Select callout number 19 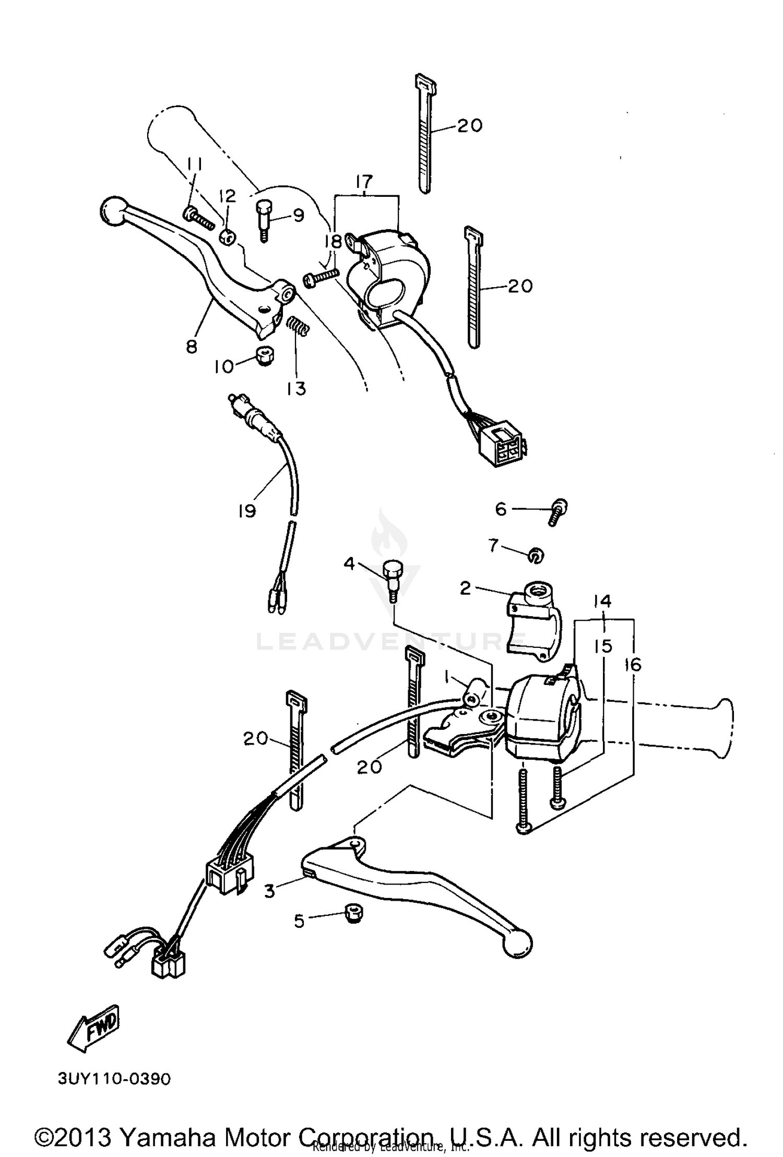click(x=247, y=511)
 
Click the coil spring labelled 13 click(x=299, y=328)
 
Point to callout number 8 click(x=192, y=346)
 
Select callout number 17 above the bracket click(x=364, y=182)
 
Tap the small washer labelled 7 click(x=536, y=556)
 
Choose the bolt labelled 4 click(x=391, y=580)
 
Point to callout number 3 click(x=269, y=891)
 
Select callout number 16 click(x=632, y=665)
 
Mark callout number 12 click(x=227, y=196)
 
